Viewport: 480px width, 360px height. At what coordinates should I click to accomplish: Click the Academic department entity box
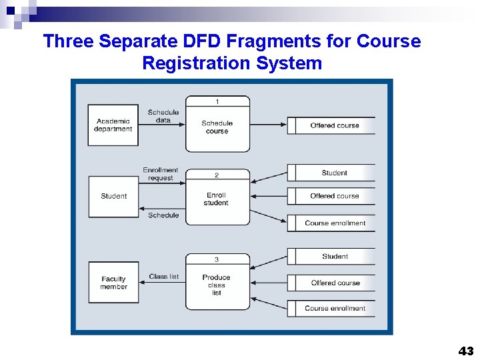click(113, 125)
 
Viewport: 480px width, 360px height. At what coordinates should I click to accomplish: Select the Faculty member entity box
click(113, 283)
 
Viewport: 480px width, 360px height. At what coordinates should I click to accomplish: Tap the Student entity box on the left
click(113, 196)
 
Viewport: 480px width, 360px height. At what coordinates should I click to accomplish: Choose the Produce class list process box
click(217, 283)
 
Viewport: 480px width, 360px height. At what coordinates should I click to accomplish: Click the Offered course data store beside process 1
click(334, 125)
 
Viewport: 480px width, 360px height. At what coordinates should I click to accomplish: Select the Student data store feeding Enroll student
click(334, 173)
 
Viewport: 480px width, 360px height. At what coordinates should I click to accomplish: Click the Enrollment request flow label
click(161, 174)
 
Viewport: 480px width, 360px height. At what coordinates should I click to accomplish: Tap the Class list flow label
click(164, 276)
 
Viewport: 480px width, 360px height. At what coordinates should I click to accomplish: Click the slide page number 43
click(465, 351)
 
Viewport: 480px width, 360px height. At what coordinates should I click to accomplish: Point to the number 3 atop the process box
click(217, 259)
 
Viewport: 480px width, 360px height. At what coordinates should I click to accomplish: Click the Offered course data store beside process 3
click(335, 283)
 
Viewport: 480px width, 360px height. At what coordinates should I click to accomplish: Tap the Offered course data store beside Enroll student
click(334, 196)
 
